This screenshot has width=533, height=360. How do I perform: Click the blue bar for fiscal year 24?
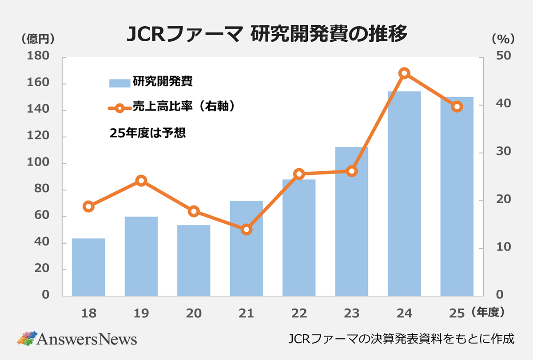(x=404, y=194)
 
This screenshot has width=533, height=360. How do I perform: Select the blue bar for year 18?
(x=88, y=267)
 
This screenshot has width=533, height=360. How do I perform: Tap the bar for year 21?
(x=247, y=249)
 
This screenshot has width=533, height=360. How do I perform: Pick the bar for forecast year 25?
(x=457, y=196)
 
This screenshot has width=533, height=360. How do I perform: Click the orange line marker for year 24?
(x=404, y=73)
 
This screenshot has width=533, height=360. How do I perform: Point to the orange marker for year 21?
(x=247, y=229)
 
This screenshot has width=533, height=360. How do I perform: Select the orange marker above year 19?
(x=141, y=181)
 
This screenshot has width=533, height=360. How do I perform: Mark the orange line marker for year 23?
(x=352, y=171)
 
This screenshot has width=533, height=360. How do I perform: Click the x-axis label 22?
(x=299, y=313)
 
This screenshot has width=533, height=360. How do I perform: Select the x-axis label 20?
(x=194, y=313)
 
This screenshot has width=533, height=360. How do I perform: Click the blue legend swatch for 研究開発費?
(x=119, y=83)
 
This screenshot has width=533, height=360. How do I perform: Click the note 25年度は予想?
(x=147, y=133)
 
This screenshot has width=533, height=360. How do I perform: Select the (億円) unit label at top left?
(x=38, y=39)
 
